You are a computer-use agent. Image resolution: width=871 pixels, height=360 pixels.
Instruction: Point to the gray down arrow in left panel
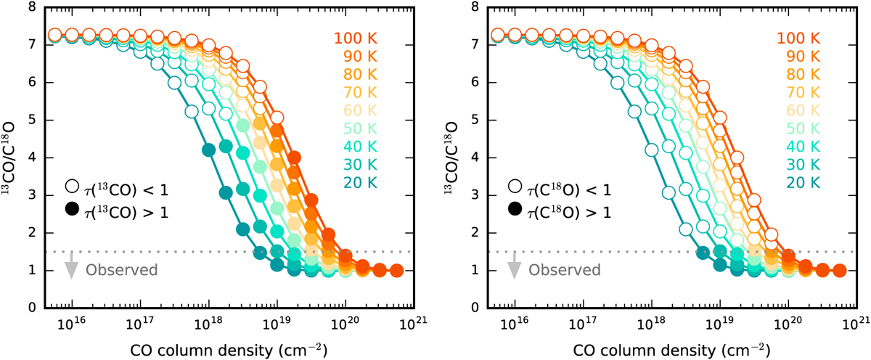pyautogui.click(x=71, y=266)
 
